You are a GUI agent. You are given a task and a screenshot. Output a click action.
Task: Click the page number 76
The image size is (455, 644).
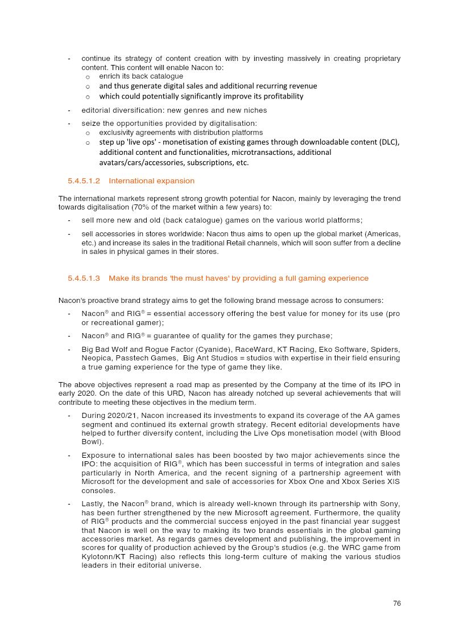pos(396,603)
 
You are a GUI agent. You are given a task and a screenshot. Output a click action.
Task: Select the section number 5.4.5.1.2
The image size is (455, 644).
pos(84,181)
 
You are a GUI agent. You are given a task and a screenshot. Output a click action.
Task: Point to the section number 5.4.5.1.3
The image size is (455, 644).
pos(84,278)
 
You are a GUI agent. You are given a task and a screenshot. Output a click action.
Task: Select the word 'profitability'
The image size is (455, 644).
pos(280,96)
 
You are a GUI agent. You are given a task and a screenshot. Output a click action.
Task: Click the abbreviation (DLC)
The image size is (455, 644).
pos(388,142)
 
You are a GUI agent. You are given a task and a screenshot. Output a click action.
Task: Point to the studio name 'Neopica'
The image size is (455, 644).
pos(96,358)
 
